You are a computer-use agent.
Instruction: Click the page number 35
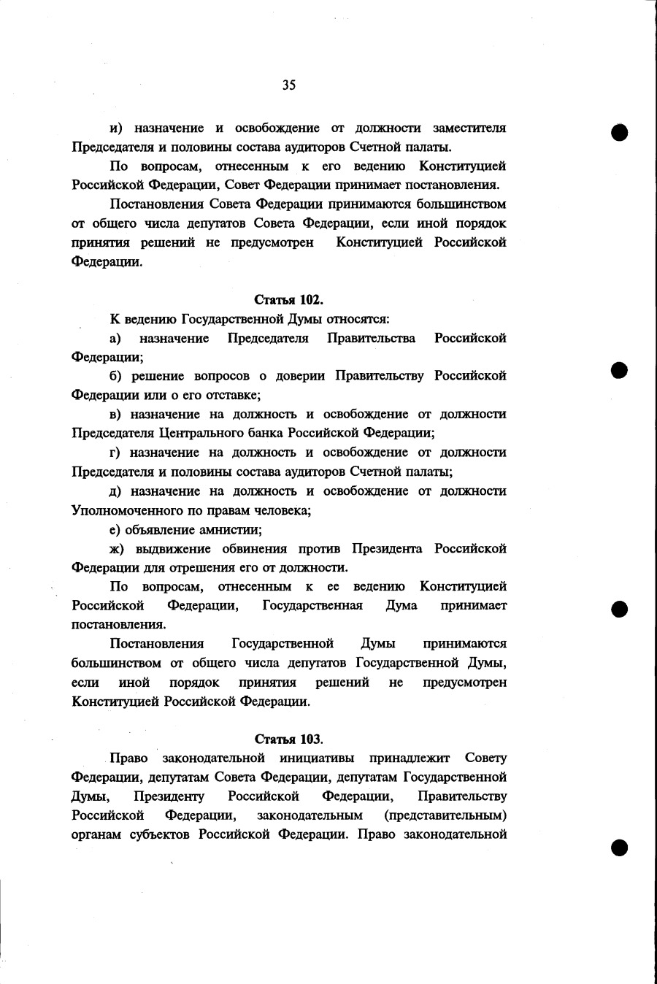[x=288, y=85]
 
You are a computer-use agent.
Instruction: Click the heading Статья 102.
[x=288, y=300]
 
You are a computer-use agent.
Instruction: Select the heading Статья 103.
[x=288, y=739]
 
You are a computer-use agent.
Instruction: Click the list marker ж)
[x=118, y=549]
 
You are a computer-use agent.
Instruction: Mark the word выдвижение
[x=172, y=549]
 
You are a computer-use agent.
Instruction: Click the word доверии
[x=300, y=376]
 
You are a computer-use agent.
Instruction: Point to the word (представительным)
[x=445, y=815]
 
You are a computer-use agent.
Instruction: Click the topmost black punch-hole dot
[x=620, y=133]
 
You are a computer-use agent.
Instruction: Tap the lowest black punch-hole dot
[x=620, y=847]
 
